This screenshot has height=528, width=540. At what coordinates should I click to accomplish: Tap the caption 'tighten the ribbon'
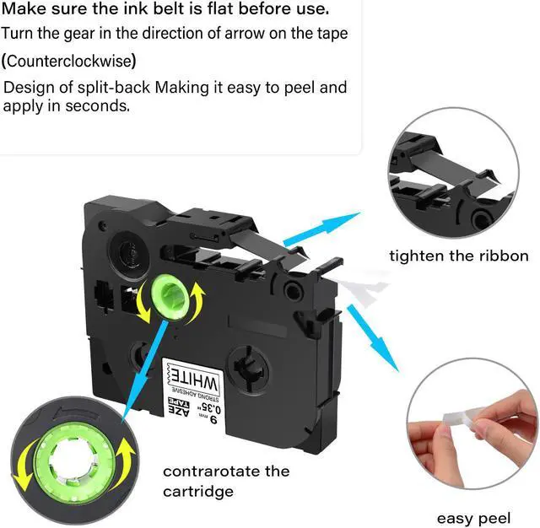[x=459, y=255]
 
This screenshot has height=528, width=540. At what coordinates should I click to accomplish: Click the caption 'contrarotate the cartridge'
[x=225, y=481]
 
